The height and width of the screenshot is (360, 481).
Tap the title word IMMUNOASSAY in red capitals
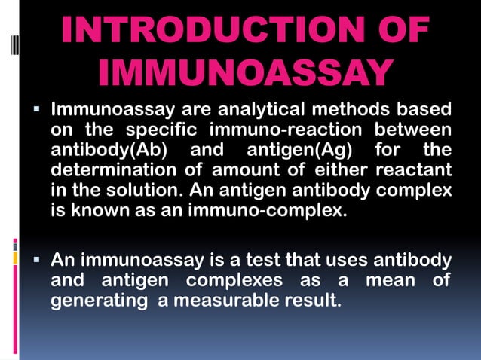click(244, 74)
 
